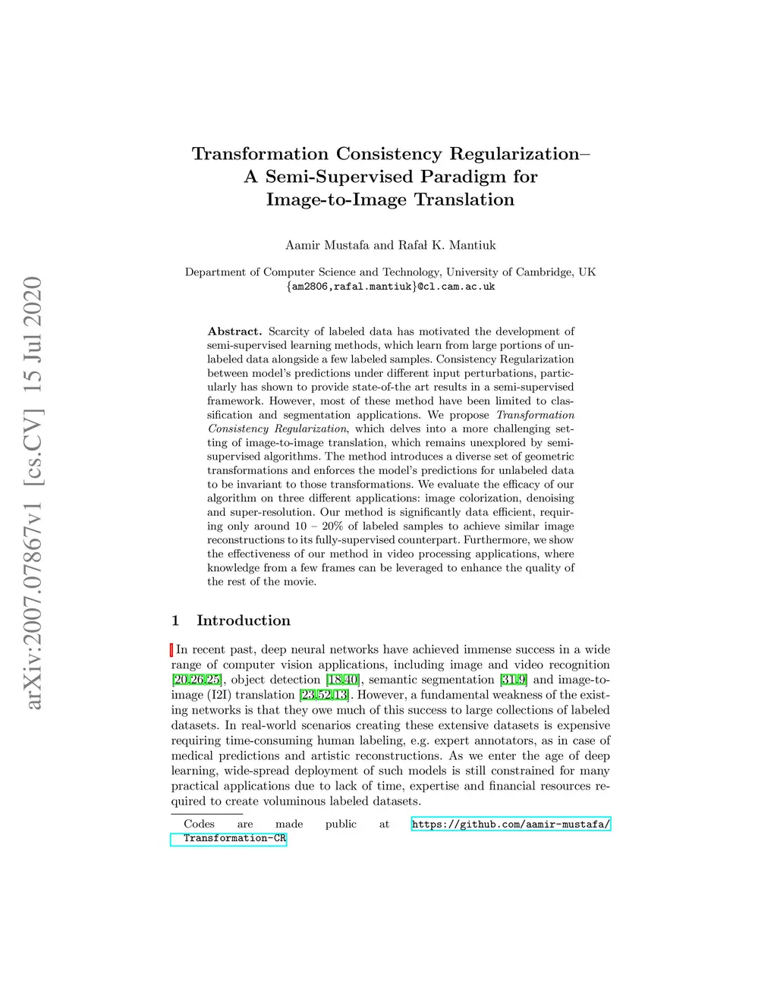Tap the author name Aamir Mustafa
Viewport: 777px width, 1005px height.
[x=327, y=245]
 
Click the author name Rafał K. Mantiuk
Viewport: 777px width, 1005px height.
[x=447, y=245]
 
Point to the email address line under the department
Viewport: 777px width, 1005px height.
[x=390, y=287]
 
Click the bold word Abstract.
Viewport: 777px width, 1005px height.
[x=234, y=331]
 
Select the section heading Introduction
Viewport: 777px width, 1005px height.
[x=244, y=620]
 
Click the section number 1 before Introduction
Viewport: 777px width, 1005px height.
[x=175, y=620]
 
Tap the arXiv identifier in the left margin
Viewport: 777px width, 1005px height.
[x=33, y=493]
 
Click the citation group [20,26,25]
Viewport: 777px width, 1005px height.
[x=197, y=680]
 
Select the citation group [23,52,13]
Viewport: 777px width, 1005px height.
[x=324, y=695]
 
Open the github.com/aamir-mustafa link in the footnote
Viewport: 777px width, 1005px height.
[x=511, y=824]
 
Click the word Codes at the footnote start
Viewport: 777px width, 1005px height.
[x=199, y=824]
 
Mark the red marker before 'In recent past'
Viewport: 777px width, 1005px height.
[x=171, y=649]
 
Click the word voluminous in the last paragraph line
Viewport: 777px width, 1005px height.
[x=295, y=801]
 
